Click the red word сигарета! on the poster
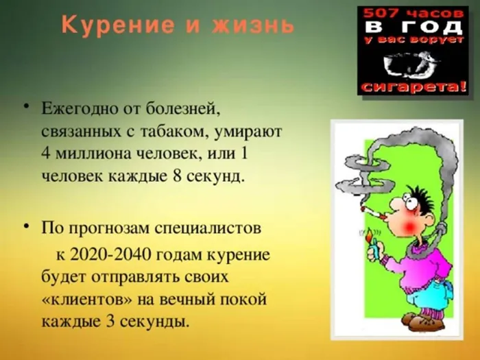[x=414, y=87]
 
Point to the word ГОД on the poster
[x=433, y=27]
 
